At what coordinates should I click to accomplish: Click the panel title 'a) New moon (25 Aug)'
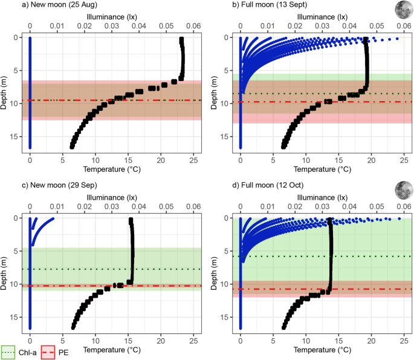click(x=41, y=5)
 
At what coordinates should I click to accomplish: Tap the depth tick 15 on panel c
click(x=16, y=317)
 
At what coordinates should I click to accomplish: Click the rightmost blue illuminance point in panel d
click(x=399, y=218)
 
